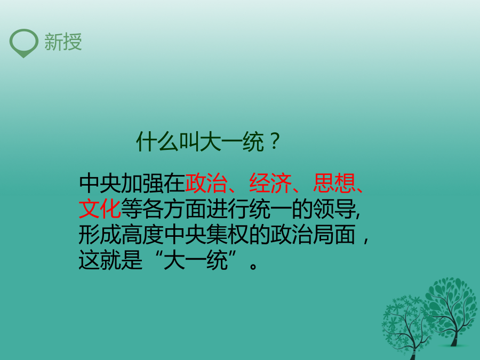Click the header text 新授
pos(63,42)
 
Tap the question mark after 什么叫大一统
pos(275,141)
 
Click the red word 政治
pos(206,183)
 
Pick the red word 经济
pos(270,183)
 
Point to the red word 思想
pos(334,183)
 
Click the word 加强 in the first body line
pos(142,183)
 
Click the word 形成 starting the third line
pos(100,235)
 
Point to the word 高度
pos(142,235)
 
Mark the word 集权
pos(228,235)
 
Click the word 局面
pos(334,235)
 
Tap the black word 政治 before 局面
pos(291,235)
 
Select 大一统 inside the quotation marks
pos(196,260)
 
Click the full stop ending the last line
pos(253,266)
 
